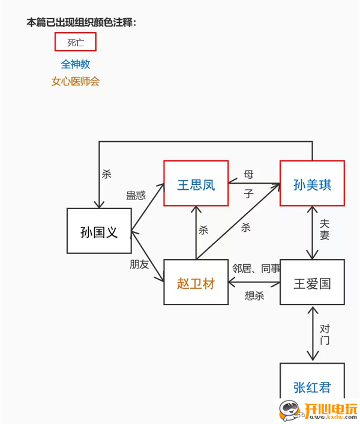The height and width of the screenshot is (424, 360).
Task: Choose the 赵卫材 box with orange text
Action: [196, 283]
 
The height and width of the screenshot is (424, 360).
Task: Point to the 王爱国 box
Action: [312, 283]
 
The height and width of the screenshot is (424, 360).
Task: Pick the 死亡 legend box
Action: [76, 42]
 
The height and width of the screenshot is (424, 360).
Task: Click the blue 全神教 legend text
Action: [76, 64]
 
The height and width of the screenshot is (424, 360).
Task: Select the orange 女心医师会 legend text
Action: [76, 81]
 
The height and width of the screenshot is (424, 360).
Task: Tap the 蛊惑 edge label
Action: [136, 195]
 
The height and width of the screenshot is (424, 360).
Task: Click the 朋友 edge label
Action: [139, 264]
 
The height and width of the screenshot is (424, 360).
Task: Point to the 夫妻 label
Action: [325, 228]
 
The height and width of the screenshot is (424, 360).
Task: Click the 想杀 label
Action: [254, 295]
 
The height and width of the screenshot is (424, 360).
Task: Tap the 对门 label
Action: [325, 335]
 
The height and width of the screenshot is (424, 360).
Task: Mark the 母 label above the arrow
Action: [248, 175]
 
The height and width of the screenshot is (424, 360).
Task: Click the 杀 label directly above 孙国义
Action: [107, 174]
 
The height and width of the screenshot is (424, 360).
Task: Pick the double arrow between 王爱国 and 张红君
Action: [312, 334]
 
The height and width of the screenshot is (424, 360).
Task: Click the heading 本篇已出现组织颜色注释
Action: [81, 22]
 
